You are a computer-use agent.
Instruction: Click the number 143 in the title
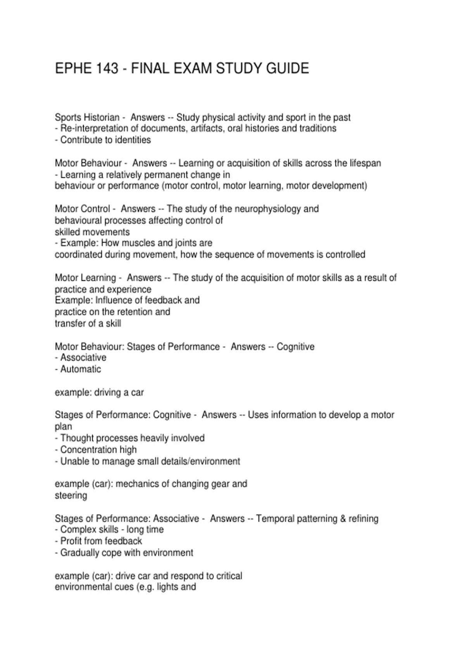point(106,69)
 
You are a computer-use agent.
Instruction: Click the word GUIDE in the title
point(288,69)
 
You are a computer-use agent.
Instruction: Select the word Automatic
point(81,369)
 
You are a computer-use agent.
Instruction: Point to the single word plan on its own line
point(63,427)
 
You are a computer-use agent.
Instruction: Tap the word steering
point(71,495)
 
